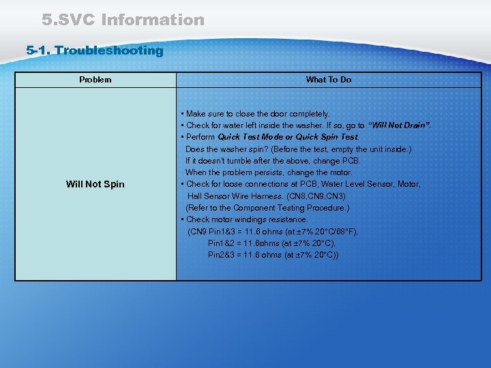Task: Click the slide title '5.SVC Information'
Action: tap(123, 20)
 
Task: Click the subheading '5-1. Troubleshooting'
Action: tap(95, 50)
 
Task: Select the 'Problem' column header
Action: tap(95, 80)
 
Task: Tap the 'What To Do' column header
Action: tap(329, 80)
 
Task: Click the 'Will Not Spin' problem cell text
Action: tap(95, 184)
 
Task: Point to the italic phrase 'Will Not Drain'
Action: tap(400, 125)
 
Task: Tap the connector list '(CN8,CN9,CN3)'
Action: tap(316, 196)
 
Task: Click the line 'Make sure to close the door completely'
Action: tap(257, 114)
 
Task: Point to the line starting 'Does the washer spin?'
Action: tap(299, 149)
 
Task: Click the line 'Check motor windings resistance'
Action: tap(247, 219)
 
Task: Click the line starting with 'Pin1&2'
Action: tap(271, 243)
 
